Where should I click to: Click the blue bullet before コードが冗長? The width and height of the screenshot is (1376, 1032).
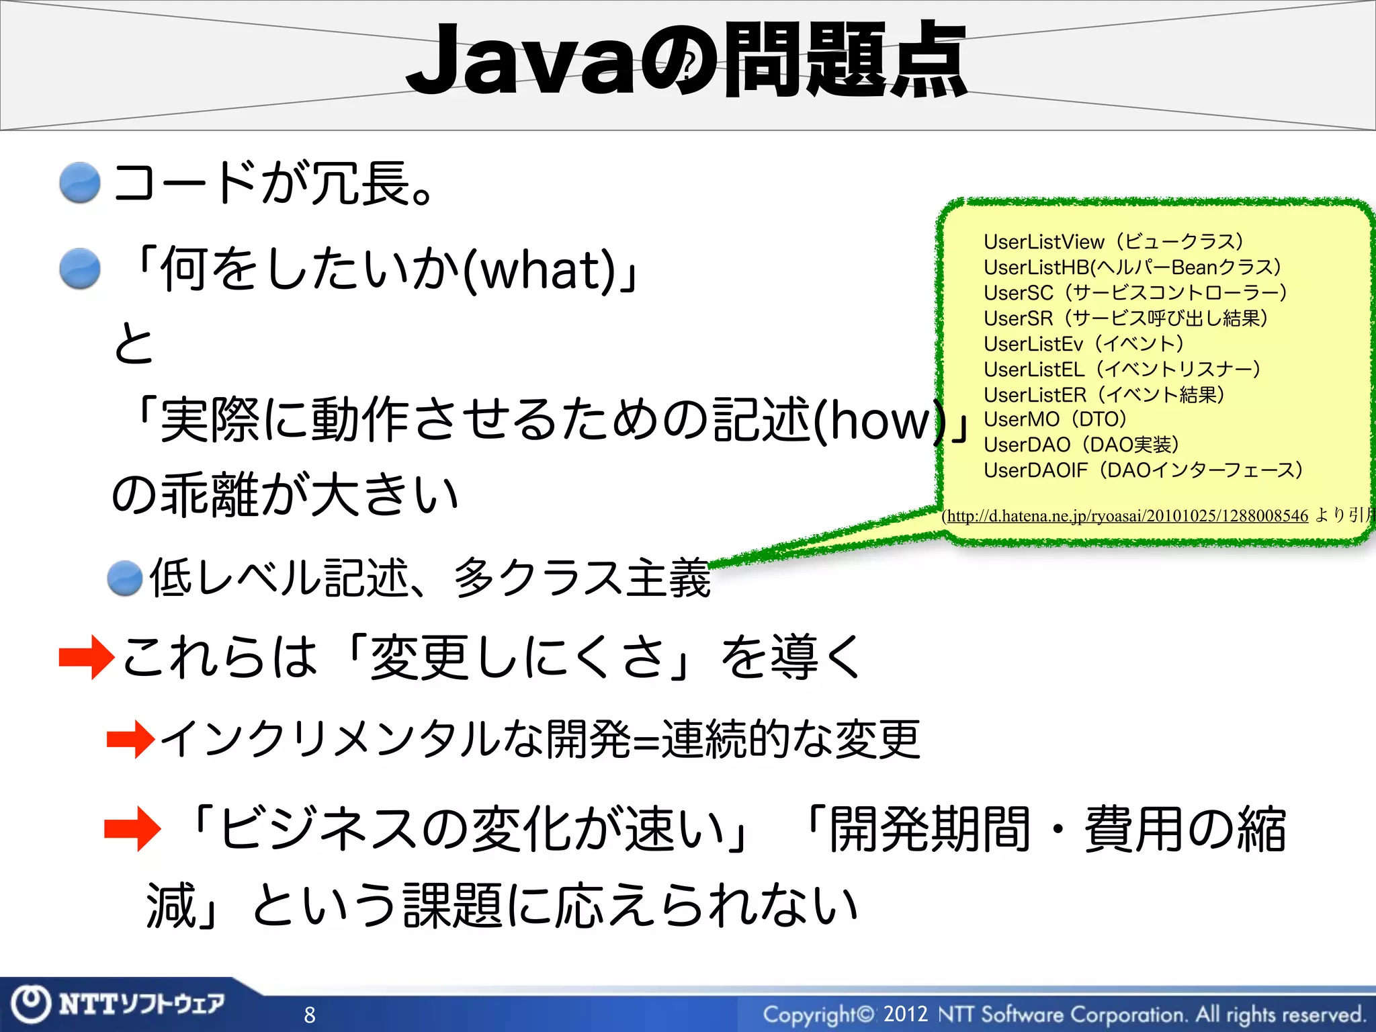click(80, 182)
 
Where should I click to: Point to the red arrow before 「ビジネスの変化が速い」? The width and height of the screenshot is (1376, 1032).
click(132, 828)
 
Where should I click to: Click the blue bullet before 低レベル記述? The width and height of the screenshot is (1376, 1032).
click(125, 578)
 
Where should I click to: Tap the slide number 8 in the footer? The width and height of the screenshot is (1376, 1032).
click(310, 1015)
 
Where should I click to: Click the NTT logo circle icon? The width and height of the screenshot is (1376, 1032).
click(31, 1003)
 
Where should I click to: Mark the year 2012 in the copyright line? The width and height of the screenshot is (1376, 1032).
click(905, 1013)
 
